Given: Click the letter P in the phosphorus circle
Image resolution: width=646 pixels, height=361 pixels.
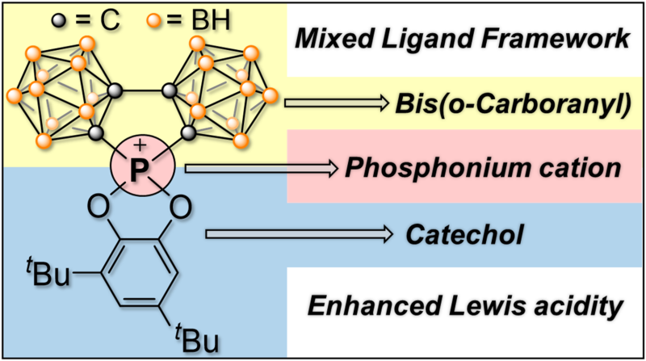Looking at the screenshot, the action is pyautogui.click(x=140, y=170).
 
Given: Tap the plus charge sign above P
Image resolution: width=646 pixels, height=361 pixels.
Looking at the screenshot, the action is pyautogui.click(x=141, y=145).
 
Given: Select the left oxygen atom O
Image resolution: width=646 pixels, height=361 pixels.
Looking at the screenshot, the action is pyautogui.click(x=98, y=208).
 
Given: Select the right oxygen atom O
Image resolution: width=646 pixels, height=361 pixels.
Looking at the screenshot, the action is pyautogui.click(x=180, y=208).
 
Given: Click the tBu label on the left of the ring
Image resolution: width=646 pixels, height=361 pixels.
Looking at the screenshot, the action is pyautogui.click(x=48, y=272).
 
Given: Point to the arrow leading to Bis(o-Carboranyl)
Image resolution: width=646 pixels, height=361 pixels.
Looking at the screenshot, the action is pyautogui.click(x=337, y=103).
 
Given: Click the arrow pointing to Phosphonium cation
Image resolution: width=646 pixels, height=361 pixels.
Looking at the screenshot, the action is pyautogui.click(x=261, y=169).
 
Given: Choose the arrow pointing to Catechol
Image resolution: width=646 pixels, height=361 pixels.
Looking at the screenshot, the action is pyautogui.click(x=299, y=234).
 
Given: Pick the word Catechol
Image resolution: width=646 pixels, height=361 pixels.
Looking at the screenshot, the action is pyautogui.click(x=464, y=234).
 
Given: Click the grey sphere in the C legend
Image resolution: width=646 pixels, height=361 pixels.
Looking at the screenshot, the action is pyautogui.click(x=59, y=20).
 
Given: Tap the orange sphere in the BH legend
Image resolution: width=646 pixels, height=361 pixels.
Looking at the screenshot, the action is pyautogui.click(x=154, y=20).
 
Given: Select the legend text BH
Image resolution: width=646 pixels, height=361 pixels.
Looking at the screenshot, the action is pyautogui.click(x=209, y=20).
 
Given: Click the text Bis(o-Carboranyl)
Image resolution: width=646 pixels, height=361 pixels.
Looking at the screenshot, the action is pyautogui.click(x=513, y=104).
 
